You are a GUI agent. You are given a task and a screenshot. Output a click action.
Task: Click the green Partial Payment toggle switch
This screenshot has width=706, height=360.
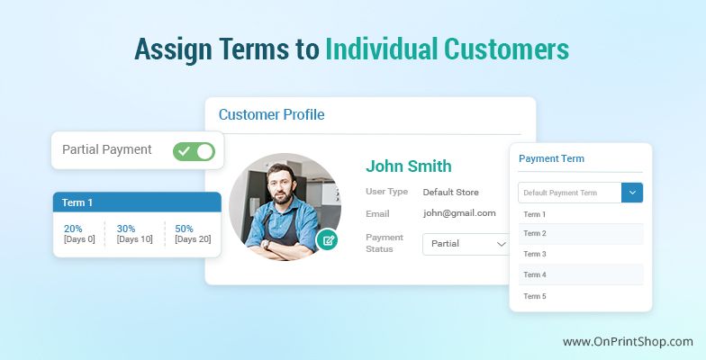pyautogui.click(x=195, y=151)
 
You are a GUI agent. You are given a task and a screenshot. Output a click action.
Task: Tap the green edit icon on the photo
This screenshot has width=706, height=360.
pyautogui.click(x=328, y=239)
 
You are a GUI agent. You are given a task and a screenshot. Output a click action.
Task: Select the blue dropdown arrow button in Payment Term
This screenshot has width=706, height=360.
pyautogui.click(x=632, y=193)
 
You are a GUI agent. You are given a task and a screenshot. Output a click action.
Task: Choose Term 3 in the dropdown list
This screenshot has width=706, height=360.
pyautogui.click(x=535, y=254)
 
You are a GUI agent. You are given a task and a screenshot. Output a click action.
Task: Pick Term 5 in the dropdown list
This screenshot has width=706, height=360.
pyautogui.click(x=535, y=296)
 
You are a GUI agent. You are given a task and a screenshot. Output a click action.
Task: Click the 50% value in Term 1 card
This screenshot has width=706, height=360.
pyautogui.click(x=184, y=229)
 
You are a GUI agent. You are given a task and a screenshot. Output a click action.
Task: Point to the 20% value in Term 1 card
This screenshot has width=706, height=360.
pyautogui.click(x=73, y=229)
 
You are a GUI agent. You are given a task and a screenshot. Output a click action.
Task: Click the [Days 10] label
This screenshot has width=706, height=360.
pyautogui.click(x=135, y=239)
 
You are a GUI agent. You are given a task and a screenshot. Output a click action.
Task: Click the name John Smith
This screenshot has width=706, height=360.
pyautogui.click(x=409, y=166)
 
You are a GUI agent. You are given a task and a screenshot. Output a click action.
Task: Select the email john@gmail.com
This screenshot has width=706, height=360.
pyautogui.click(x=459, y=213)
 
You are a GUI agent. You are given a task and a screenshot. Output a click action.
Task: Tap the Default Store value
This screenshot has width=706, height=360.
pyautogui.click(x=450, y=193)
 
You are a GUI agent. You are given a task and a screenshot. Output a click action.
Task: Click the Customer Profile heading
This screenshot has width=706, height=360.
pyautogui.click(x=272, y=115)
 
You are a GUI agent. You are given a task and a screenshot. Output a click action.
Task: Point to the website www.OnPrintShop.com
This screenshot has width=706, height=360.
pyautogui.click(x=628, y=342)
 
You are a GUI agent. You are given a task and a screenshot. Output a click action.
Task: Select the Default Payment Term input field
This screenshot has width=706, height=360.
pyautogui.click(x=569, y=193)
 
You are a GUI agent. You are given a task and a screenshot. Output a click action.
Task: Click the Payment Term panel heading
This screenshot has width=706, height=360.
pyautogui.click(x=551, y=158)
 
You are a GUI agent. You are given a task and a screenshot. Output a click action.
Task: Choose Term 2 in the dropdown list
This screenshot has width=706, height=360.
pyautogui.click(x=535, y=233)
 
